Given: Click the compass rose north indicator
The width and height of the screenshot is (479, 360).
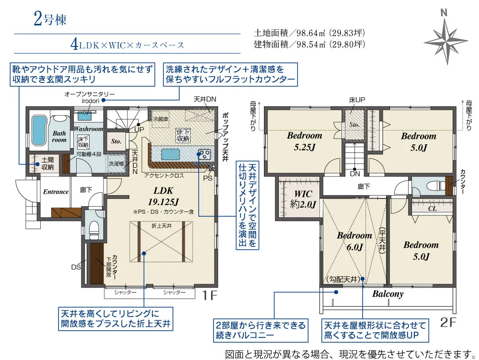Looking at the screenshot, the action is pos(445,38).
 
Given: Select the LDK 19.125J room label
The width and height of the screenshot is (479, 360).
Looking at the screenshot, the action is pos(163,196).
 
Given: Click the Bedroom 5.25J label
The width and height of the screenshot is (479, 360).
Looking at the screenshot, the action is pos(305,141).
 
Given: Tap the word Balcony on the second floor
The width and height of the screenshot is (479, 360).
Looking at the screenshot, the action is pos(388,294).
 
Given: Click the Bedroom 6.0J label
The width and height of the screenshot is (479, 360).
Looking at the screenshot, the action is pos(354,241).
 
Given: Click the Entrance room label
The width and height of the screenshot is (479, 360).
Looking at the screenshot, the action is pos(56,192).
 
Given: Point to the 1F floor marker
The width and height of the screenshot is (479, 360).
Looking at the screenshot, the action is pos(210,295).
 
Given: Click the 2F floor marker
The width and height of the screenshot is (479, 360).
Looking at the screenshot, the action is pos(448,322).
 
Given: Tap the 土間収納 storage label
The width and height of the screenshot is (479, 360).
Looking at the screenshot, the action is pos(47,163).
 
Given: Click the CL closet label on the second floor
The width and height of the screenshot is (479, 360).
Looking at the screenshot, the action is pos(432,209).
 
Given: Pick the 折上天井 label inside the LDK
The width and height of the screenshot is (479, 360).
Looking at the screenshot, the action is pos(161,226).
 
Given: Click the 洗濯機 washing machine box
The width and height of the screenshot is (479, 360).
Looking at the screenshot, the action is pos(116,164).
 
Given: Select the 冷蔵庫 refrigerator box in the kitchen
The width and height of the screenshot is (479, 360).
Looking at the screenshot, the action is pos(160,119).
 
